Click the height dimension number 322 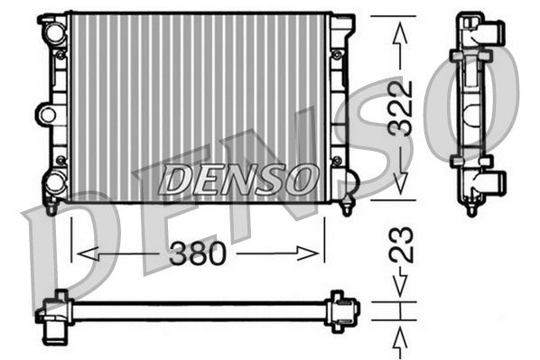401,108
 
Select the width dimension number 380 197,254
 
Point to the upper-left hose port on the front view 55,34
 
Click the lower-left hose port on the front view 55,181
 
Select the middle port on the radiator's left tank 46,115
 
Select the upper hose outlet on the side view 493,35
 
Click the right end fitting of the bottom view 342,309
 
